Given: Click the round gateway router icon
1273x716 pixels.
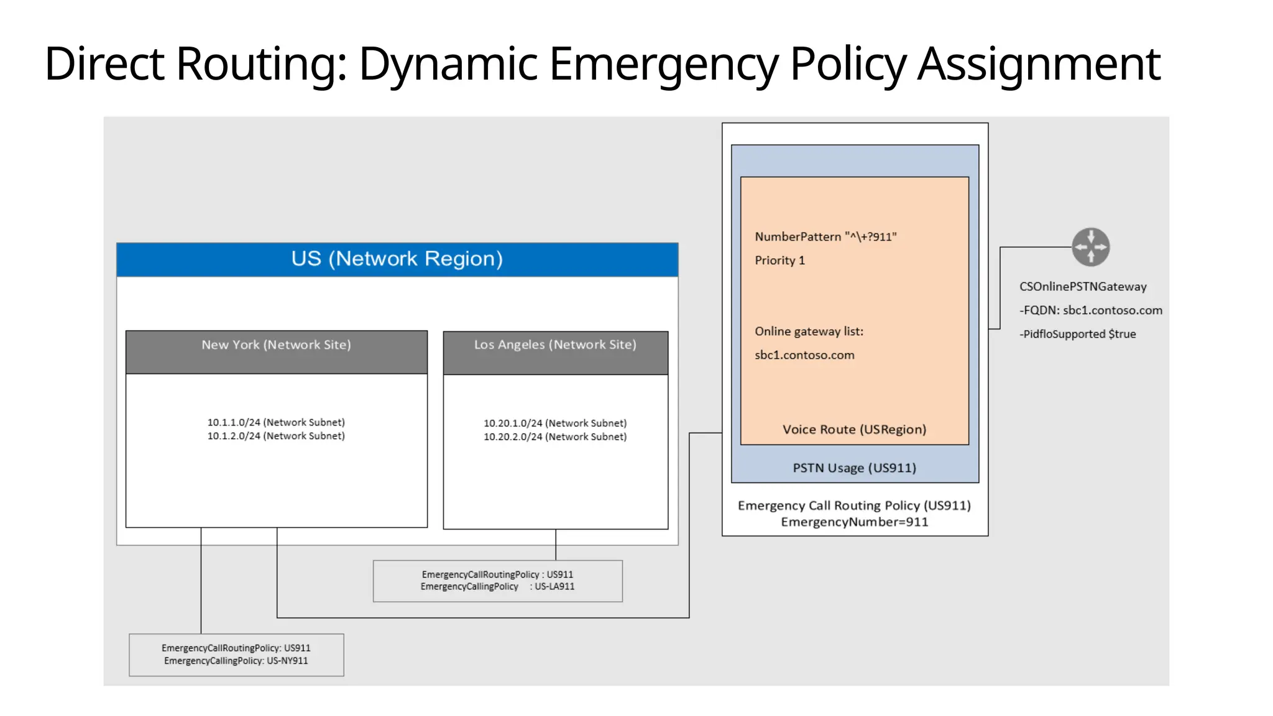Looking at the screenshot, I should click(x=1090, y=247).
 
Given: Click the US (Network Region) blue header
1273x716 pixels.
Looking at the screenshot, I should click(x=397, y=259).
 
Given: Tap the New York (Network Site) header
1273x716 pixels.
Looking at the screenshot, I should click(x=276, y=345).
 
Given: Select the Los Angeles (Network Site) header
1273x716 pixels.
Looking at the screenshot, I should click(x=555, y=345).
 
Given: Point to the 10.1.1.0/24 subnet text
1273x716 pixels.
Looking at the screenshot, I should click(x=276, y=422).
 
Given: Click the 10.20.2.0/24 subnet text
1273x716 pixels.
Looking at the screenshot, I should click(x=555, y=437).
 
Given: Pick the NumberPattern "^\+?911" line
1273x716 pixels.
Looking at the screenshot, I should click(x=825, y=237).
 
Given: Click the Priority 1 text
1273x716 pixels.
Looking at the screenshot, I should click(x=779, y=260).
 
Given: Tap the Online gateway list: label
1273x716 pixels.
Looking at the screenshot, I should click(x=809, y=331).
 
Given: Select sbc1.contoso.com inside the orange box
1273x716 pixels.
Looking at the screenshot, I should click(x=804, y=355).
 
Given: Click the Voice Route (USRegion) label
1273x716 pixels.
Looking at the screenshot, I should click(x=854, y=429).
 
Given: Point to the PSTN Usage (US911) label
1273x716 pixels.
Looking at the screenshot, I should click(x=854, y=468).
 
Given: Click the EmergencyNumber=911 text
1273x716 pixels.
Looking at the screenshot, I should click(x=854, y=522).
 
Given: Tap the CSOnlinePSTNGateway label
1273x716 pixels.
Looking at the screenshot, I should click(x=1082, y=287).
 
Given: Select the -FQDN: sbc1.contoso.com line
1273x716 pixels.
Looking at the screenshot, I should click(x=1090, y=310).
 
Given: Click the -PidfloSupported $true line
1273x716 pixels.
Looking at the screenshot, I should click(x=1077, y=334).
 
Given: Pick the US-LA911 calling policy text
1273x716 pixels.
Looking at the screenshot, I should click(x=554, y=587).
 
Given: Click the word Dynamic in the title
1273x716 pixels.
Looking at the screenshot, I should click(x=448, y=64).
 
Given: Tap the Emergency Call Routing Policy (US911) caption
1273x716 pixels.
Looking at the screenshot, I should click(x=854, y=505).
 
